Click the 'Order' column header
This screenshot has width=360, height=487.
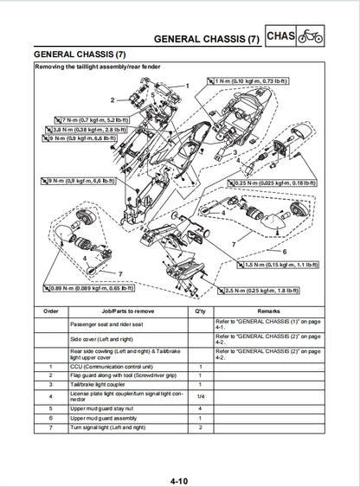[50, 310]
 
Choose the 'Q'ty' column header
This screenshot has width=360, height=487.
[201, 310]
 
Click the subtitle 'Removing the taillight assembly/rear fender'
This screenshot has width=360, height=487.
[100, 67]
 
